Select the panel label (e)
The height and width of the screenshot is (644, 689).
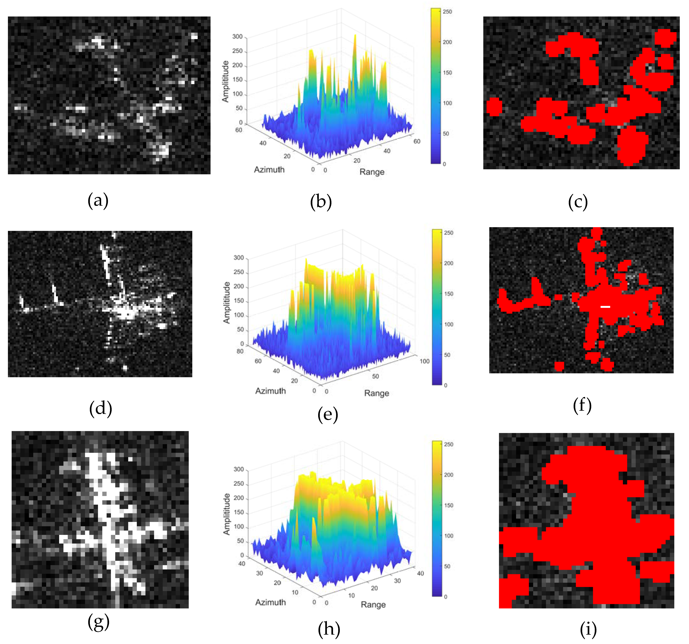(328, 415)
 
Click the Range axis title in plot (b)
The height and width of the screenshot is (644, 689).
(372, 172)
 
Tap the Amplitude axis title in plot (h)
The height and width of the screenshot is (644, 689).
(226, 514)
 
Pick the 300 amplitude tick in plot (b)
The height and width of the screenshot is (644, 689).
(237, 37)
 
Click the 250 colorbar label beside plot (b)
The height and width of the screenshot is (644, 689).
(447, 12)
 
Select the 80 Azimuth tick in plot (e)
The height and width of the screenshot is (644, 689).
(240, 351)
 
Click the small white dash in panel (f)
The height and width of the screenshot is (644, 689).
(605, 307)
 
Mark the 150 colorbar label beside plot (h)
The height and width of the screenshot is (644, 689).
(448, 505)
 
